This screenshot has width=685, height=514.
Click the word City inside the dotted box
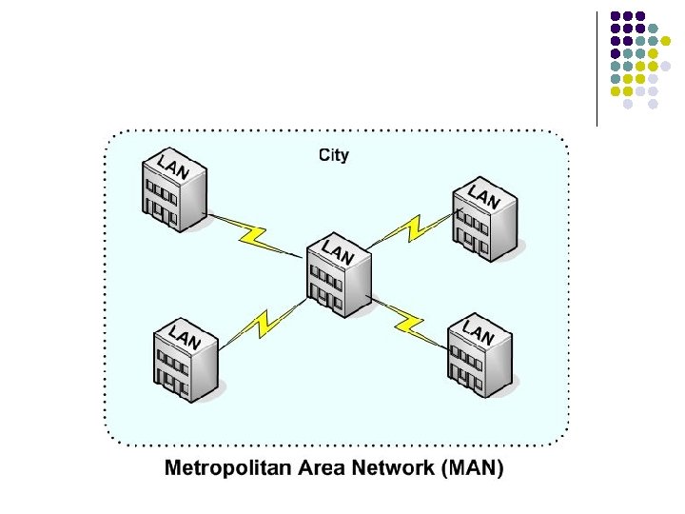click(x=333, y=155)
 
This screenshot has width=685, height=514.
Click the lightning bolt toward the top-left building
click(x=253, y=232)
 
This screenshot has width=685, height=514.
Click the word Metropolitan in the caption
click(x=227, y=469)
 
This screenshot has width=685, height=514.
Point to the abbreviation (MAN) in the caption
click(x=473, y=469)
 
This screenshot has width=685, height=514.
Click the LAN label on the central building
click(x=338, y=252)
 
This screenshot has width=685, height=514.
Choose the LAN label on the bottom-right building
click(x=478, y=332)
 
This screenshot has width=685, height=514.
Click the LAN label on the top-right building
click(x=484, y=197)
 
